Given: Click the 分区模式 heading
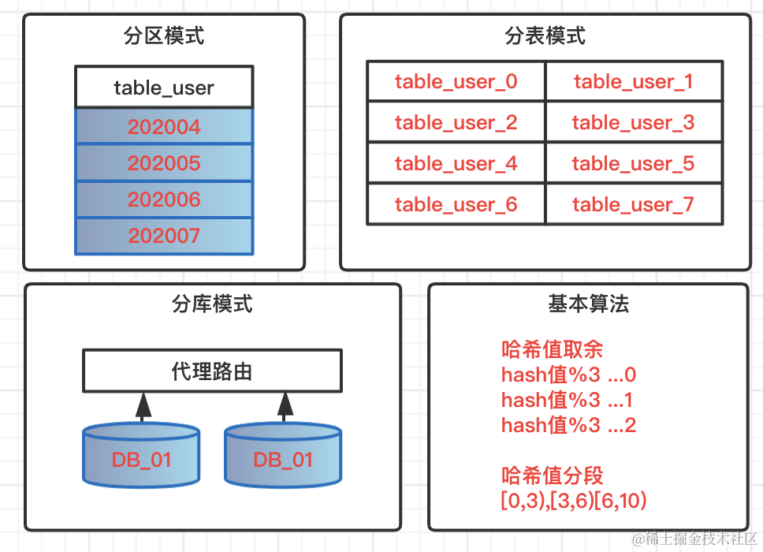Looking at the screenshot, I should (164, 36).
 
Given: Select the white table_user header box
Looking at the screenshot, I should (164, 87).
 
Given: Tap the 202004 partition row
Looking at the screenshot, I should (164, 127).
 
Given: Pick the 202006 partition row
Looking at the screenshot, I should (164, 200).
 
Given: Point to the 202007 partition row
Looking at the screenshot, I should (164, 236).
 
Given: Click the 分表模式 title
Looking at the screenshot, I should (545, 36).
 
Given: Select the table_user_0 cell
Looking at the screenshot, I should (456, 82).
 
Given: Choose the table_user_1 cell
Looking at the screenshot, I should (634, 82).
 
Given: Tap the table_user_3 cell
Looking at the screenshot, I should (634, 123).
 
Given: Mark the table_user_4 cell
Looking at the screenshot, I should (456, 164).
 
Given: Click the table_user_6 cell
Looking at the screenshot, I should (456, 205).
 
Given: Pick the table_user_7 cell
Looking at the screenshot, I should (634, 205).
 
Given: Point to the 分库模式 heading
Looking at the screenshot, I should (212, 304).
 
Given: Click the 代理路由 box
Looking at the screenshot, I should (212, 371).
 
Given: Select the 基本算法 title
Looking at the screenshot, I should (588, 304).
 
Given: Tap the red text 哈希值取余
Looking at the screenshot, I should (552, 349).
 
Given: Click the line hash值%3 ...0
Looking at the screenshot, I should (568, 375).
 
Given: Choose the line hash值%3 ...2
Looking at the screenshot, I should (568, 426).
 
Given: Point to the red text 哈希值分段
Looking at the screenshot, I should (552, 476).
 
